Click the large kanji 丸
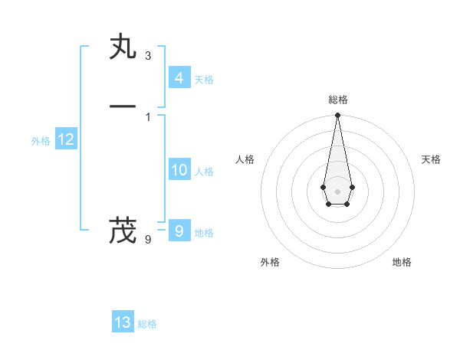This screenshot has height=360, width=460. pyautogui.click(x=123, y=48)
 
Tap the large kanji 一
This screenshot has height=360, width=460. pyautogui.click(x=123, y=106)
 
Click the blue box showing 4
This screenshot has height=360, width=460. pyautogui.click(x=179, y=77)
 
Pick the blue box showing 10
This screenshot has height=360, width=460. pyautogui.click(x=179, y=170)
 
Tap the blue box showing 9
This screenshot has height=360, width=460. pyautogui.click(x=179, y=231)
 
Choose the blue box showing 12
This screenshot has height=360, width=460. pyautogui.click(x=66, y=139)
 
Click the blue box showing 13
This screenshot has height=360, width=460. pyautogui.click(x=123, y=322)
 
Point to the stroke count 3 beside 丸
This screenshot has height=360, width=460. pyautogui.click(x=147, y=56)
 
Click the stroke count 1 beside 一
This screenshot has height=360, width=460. pyautogui.click(x=147, y=116)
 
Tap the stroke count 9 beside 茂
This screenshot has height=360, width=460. pyautogui.click(x=147, y=240)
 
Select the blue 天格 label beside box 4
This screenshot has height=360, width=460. pyautogui.click(x=204, y=80)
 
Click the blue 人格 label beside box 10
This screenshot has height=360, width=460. pyautogui.click(x=204, y=172)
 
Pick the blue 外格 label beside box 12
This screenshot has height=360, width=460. pyautogui.click(x=41, y=141)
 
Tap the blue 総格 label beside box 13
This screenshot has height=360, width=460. pyautogui.click(x=147, y=324)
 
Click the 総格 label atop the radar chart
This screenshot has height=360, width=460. pyautogui.click(x=337, y=100)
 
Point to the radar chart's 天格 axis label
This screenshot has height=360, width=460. pyautogui.click(x=431, y=159)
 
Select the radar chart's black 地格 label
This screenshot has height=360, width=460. pyautogui.click(x=402, y=262)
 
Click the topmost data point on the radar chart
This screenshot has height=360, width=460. pyautogui.click(x=337, y=116)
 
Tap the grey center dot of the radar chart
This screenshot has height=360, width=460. pyautogui.click(x=337, y=191)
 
